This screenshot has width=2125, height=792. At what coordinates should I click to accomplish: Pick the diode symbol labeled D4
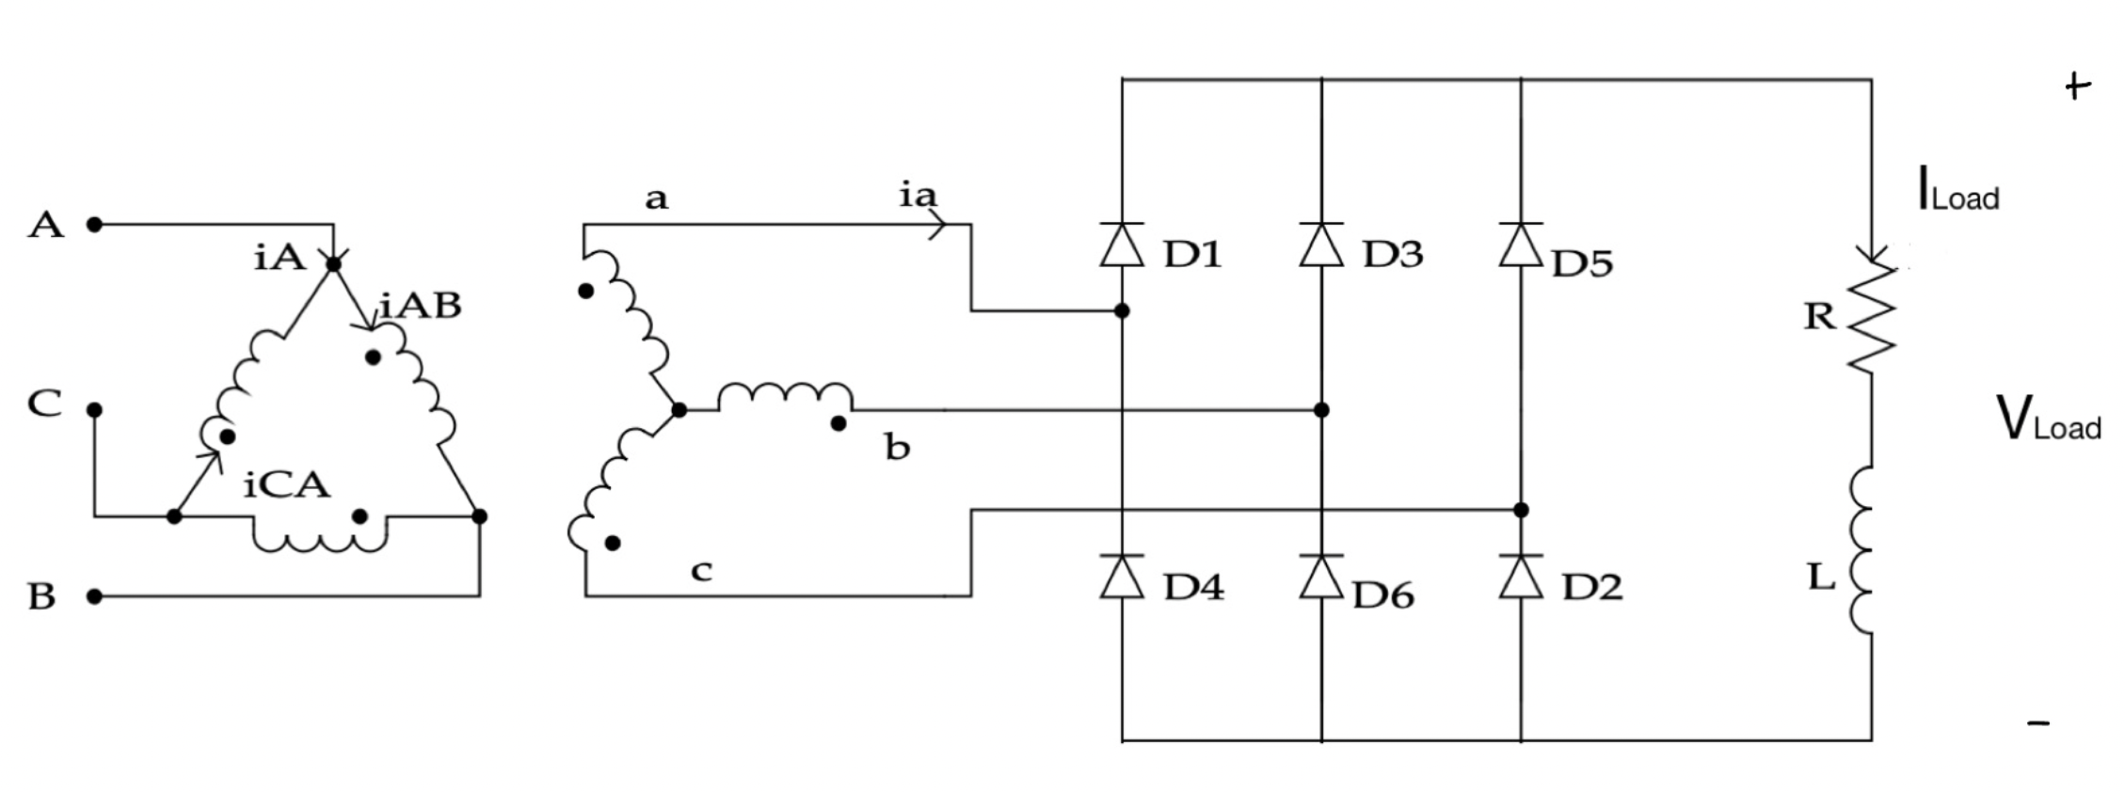click(1122, 578)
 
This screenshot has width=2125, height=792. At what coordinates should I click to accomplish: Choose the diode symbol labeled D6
click(1321, 578)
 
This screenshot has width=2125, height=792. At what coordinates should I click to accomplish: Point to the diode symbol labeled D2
click(1521, 578)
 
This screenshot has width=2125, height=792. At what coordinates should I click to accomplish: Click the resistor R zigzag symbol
click(1871, 318)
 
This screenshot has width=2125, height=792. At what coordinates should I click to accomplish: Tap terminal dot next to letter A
click(94, 224)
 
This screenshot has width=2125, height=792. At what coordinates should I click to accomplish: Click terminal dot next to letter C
click(94, 410)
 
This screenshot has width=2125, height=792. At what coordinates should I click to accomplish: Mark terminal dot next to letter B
click(94, 596)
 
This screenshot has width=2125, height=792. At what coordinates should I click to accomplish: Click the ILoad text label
click(1957, 190)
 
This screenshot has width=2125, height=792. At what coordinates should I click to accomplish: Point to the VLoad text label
click(2048, 420)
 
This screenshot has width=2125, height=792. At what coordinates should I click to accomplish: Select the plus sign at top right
click(2078, 87)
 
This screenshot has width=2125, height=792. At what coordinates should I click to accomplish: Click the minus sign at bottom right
click(2038, 723)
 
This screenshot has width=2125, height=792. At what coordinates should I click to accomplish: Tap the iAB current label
click(421, 306)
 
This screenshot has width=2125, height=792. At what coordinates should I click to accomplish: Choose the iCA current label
click(287, 485)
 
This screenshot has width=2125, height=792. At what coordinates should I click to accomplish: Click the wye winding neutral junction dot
click(679, 410)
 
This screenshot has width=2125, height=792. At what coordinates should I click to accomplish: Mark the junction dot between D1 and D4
click(1122, 310)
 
